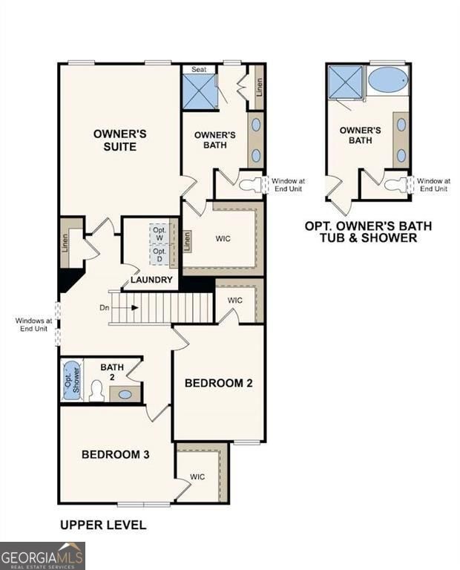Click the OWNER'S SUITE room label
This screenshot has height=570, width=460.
click(x=119, y=140)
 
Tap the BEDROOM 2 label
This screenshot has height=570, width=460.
click(x=219, y=383)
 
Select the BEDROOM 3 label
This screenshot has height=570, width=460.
click(x=116, y=454)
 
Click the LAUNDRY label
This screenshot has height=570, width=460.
click(x=151, y=280)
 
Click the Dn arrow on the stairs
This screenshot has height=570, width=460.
click(x=122, y=307)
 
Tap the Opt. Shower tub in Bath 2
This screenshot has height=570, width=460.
click(x=72, y=380)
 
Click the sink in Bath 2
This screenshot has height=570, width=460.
click(x=125, y=394)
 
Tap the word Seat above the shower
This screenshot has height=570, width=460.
click(x=200, y=69)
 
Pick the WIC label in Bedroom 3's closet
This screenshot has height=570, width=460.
click(x=197, y=476)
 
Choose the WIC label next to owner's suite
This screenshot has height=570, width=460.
click(x=224, y=240)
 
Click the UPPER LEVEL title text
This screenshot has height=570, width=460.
click(x=103, y=525)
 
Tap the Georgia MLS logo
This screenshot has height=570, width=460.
click(x=42, y=555)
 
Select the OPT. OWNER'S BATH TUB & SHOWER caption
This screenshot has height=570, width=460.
click(x=368, y=232)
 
